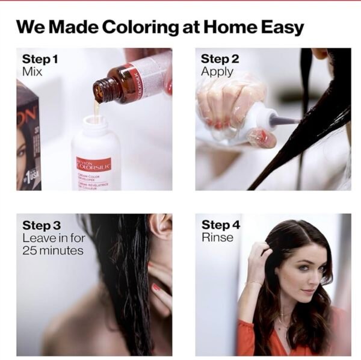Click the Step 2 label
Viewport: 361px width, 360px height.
220,59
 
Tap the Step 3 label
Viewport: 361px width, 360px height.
42,225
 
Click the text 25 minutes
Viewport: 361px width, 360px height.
52,250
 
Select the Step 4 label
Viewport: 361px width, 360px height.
220,225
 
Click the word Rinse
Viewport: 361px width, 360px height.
217,238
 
